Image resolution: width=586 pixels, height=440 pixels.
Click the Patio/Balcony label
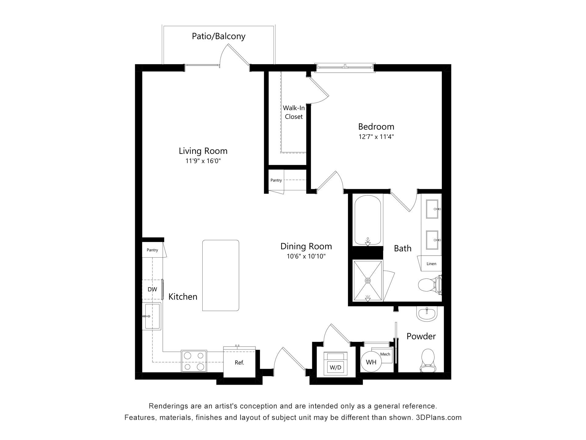[219, 36]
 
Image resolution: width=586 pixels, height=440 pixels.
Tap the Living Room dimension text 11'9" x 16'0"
[203, 161]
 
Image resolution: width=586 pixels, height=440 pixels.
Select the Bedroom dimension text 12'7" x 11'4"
[376, 137]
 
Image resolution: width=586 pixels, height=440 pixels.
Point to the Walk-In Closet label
[294, 112]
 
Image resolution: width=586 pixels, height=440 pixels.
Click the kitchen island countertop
[221, 276]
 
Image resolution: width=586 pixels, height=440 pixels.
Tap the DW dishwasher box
[152, 289]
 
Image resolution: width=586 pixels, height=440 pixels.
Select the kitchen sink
[152, 316]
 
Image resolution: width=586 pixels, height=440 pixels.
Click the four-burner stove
[194, 361]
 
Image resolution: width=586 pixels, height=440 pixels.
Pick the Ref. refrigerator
[239, 363]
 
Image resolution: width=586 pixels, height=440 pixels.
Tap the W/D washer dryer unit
[335, 364]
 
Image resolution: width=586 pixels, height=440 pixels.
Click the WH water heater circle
[371, 362]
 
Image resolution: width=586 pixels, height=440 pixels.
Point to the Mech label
[385, 354]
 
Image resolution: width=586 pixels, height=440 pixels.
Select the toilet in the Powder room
[428, 361]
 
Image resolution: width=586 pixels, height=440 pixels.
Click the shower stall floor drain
[368, 280]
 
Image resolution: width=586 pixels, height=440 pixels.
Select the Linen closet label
[431, 264]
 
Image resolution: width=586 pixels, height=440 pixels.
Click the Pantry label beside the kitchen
[152, 250]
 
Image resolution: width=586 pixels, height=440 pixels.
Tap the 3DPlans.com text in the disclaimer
[439, 417]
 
